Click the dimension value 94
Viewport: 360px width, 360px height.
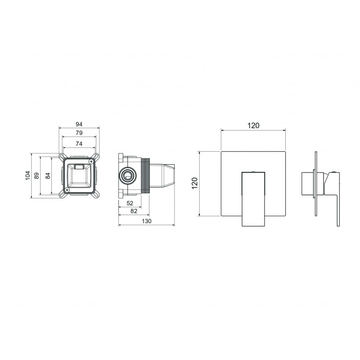(x=79, y=124)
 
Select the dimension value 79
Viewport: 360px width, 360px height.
(x=79, y=133)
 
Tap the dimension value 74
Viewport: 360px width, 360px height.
(x=79, y=144)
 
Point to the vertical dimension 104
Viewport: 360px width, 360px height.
(x=28, y=175)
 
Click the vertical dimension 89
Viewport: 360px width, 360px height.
(x=37, y=176)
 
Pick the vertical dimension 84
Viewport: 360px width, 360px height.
(x=48, y=176)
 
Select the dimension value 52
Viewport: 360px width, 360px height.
(x=130, y=203)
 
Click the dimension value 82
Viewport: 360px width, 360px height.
(x=134, y=211)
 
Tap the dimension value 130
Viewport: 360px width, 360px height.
(x=147, y=221)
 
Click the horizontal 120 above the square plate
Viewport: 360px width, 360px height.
(x=253, y=126)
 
